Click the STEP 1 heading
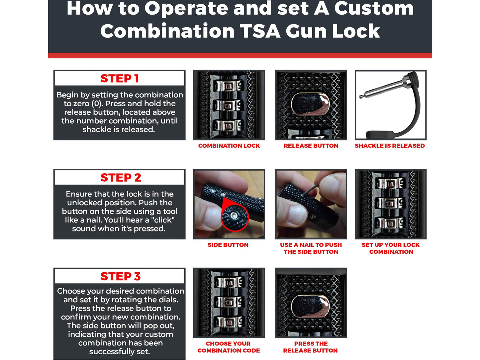tap(120, 79)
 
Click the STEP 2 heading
tap(121, 178)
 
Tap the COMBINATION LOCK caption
tap(229, 146)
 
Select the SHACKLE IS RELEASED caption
tap(390, 146)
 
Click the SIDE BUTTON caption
tap(228, 245)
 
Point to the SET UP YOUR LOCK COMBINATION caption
tap(391, 248)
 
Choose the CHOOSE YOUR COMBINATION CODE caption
tap(229, 347)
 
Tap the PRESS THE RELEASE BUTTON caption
tap(311, 347)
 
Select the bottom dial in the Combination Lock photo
tap(229, 126)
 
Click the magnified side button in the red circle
tap(235, 216)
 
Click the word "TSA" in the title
tap(260, 31)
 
